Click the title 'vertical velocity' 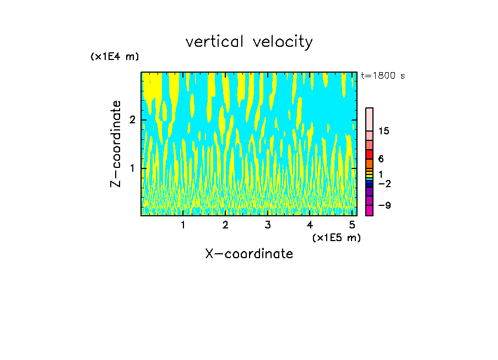[249, 42]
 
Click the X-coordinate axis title [249, 254]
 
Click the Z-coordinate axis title [116, 144]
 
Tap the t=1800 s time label [382, 76]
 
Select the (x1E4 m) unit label [115, 57]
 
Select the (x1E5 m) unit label [336, 237]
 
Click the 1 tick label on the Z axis [132, 168]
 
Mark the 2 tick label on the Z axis [132, 120]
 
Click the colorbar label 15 [384, 131]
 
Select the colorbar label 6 [381, 159]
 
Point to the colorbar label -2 [384, 183]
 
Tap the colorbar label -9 [384, 205]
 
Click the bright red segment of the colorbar [369, 154]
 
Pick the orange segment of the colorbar [369, 163]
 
